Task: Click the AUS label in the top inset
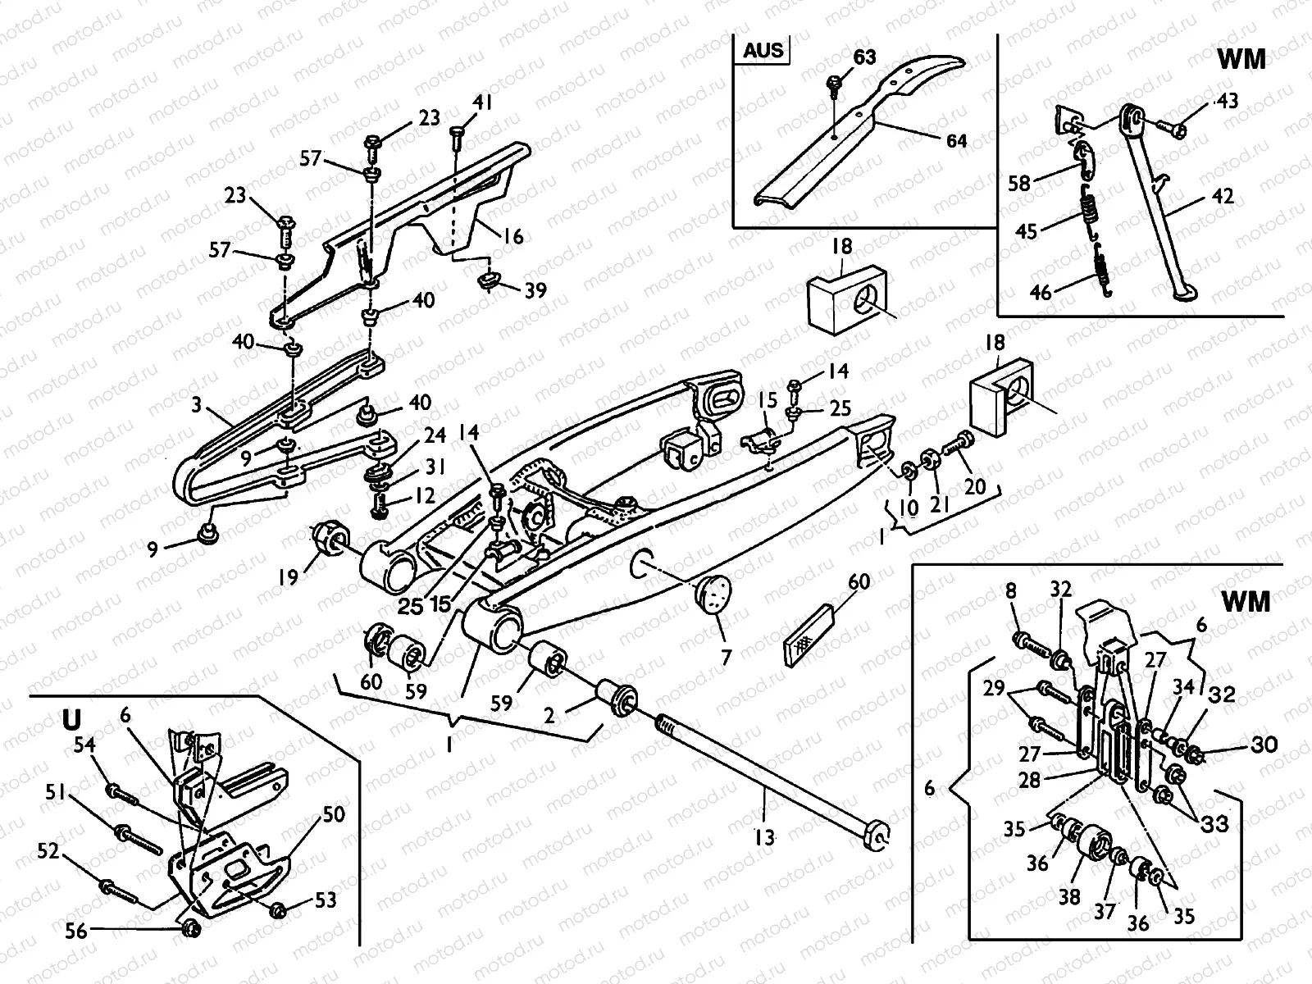[763, 49]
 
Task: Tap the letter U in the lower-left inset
[71, 720]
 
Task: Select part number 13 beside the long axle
[764, 837]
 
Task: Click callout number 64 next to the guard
[956, 141]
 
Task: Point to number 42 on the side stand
[1223, 197]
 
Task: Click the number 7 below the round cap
[727, 657]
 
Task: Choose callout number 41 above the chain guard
[482, 103]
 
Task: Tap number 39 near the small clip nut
[535, 290]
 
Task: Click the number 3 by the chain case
[197, 405]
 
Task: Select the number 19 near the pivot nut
[288, 577]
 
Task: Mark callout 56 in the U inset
[76, 931]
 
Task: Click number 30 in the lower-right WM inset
[1264, 745]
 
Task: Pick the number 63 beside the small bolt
[864, 57]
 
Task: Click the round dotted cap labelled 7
[713, 593]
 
